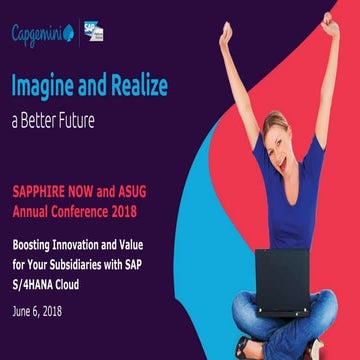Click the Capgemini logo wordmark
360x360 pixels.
(40, 35)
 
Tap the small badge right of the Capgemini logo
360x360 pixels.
(93, 32)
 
